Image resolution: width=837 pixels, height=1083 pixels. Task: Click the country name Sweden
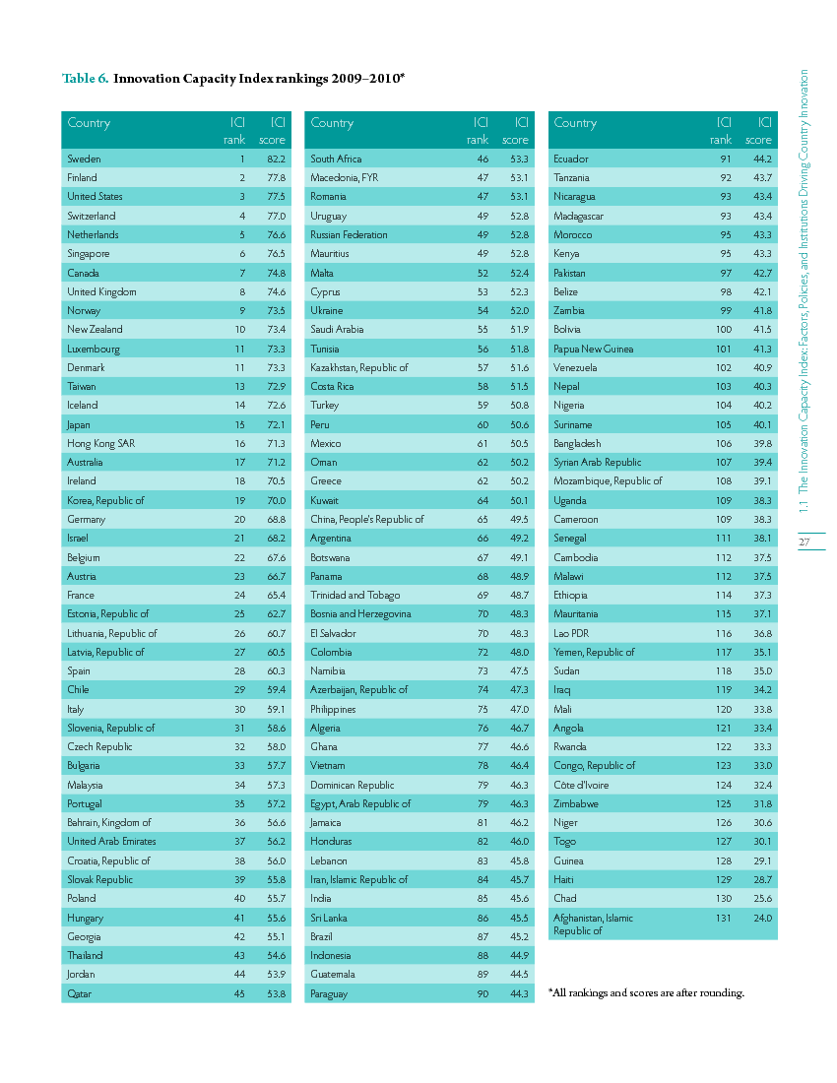tap(84, 159)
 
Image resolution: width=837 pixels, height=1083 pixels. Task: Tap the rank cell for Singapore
tap(241, 253)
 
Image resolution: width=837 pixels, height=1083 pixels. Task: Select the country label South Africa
tap(336, 159)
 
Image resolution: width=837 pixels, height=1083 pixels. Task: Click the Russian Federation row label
tap(349, 234)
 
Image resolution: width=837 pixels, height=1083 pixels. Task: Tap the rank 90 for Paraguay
tap(483, 993)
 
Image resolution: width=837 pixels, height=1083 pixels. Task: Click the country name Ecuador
tap(571, 159)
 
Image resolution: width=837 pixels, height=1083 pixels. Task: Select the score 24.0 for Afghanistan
tap(762, 918)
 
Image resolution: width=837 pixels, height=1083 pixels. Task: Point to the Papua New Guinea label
tap(593, 349)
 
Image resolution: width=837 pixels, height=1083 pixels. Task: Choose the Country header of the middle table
tap(332, 123)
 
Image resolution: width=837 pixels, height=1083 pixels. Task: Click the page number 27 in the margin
tap(804, 542)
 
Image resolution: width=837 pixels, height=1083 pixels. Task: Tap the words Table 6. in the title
tap(85, 77)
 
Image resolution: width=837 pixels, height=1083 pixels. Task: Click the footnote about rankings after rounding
tap(646, 992)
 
